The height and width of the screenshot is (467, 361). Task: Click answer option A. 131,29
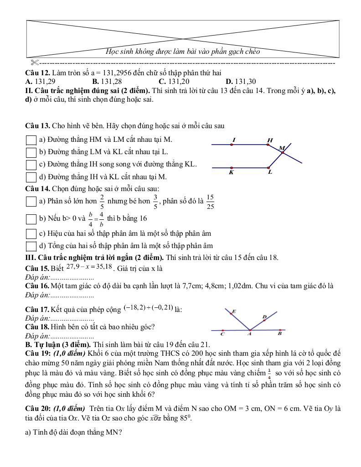tap(41, 82)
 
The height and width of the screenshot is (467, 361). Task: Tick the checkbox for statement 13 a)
tap(31, 140)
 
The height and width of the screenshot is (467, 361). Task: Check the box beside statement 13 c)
tap(31, 165)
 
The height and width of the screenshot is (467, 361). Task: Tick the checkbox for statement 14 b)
tap(31, 219)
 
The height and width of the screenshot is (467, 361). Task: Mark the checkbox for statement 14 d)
tap(31, 246)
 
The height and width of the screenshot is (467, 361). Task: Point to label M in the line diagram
tap(282, 148)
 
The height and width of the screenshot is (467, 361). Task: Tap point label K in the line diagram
tap(231, 173)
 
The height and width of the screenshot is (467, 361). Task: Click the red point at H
tap(268, 145)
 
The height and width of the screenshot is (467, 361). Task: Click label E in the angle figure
tap(234, 311)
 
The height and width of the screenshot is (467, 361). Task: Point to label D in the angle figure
tap(264, 317)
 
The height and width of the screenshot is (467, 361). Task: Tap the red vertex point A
tap(249, 330)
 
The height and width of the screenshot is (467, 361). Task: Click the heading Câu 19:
tap(39, 353)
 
